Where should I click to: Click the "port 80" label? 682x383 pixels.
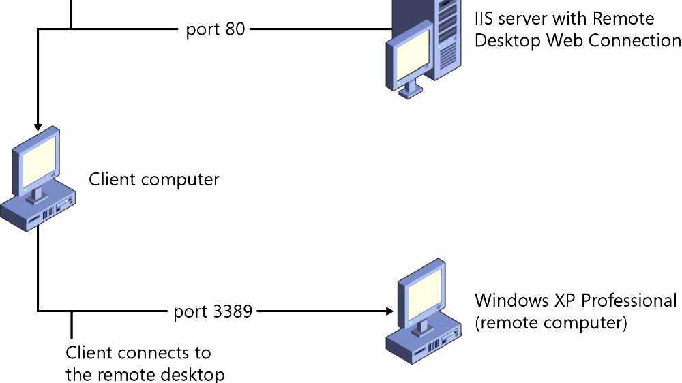[215, 30]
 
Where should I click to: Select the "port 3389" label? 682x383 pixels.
[213, 311]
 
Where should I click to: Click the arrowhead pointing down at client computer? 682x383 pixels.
[38, 127]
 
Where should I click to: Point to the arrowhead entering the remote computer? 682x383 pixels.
[389, 311]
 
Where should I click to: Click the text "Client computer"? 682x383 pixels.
[154, 179]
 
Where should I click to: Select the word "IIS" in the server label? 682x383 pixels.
[484, 18]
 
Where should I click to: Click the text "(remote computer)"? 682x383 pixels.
[550, 322]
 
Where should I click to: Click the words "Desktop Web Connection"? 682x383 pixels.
[577, 40]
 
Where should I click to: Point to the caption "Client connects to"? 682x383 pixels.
[138, 353]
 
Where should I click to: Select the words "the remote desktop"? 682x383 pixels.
[145, 374]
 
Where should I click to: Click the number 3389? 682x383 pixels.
[233, 311]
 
